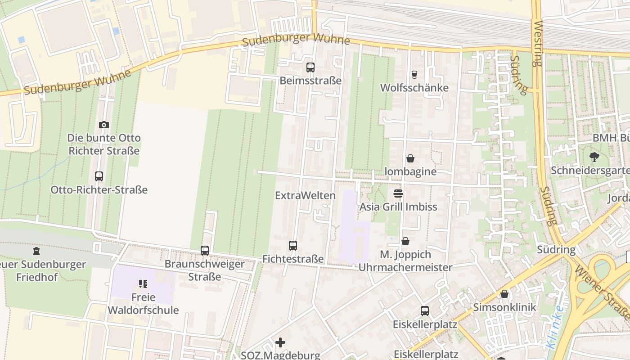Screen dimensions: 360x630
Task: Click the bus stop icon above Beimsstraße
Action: tap(310, 67)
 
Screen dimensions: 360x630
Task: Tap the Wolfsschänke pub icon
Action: tap(414, 75)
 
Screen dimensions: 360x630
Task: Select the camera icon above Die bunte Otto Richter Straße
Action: tap(104, 125)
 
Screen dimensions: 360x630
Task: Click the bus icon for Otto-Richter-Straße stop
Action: tap(99, 176)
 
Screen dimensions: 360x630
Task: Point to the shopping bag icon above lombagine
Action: tap(410, 158)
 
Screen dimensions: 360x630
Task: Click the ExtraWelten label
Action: tap(305, 195)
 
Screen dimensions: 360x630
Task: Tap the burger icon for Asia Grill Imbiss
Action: tap(398, 193)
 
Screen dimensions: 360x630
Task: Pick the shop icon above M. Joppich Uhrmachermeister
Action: tap(405, 241)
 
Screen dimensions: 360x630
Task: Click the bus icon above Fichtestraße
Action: tap(293, 246)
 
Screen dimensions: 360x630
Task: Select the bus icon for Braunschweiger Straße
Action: tap(205, 250)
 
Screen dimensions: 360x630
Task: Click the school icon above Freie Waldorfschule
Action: tap(143, 284)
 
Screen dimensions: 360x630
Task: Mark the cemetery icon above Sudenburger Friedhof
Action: tap(36, 251)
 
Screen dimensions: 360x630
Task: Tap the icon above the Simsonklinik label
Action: tap(504, 294)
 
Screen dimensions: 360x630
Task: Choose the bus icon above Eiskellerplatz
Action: tap(424, 310)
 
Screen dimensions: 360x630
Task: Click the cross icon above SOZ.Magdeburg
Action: tap(280, 342)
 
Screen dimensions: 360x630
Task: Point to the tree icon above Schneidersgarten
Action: tap(594, 157)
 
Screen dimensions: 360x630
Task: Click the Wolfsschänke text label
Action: tap(414, 88)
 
